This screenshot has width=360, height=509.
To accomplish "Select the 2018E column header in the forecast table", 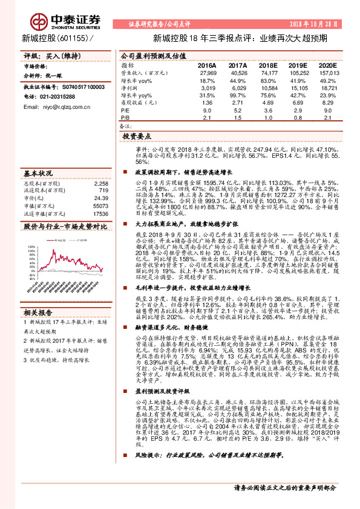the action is coord(266,65).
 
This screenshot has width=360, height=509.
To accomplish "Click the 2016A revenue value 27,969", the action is coord(208,72).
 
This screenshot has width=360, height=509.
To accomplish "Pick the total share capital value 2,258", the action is coord(101,182).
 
